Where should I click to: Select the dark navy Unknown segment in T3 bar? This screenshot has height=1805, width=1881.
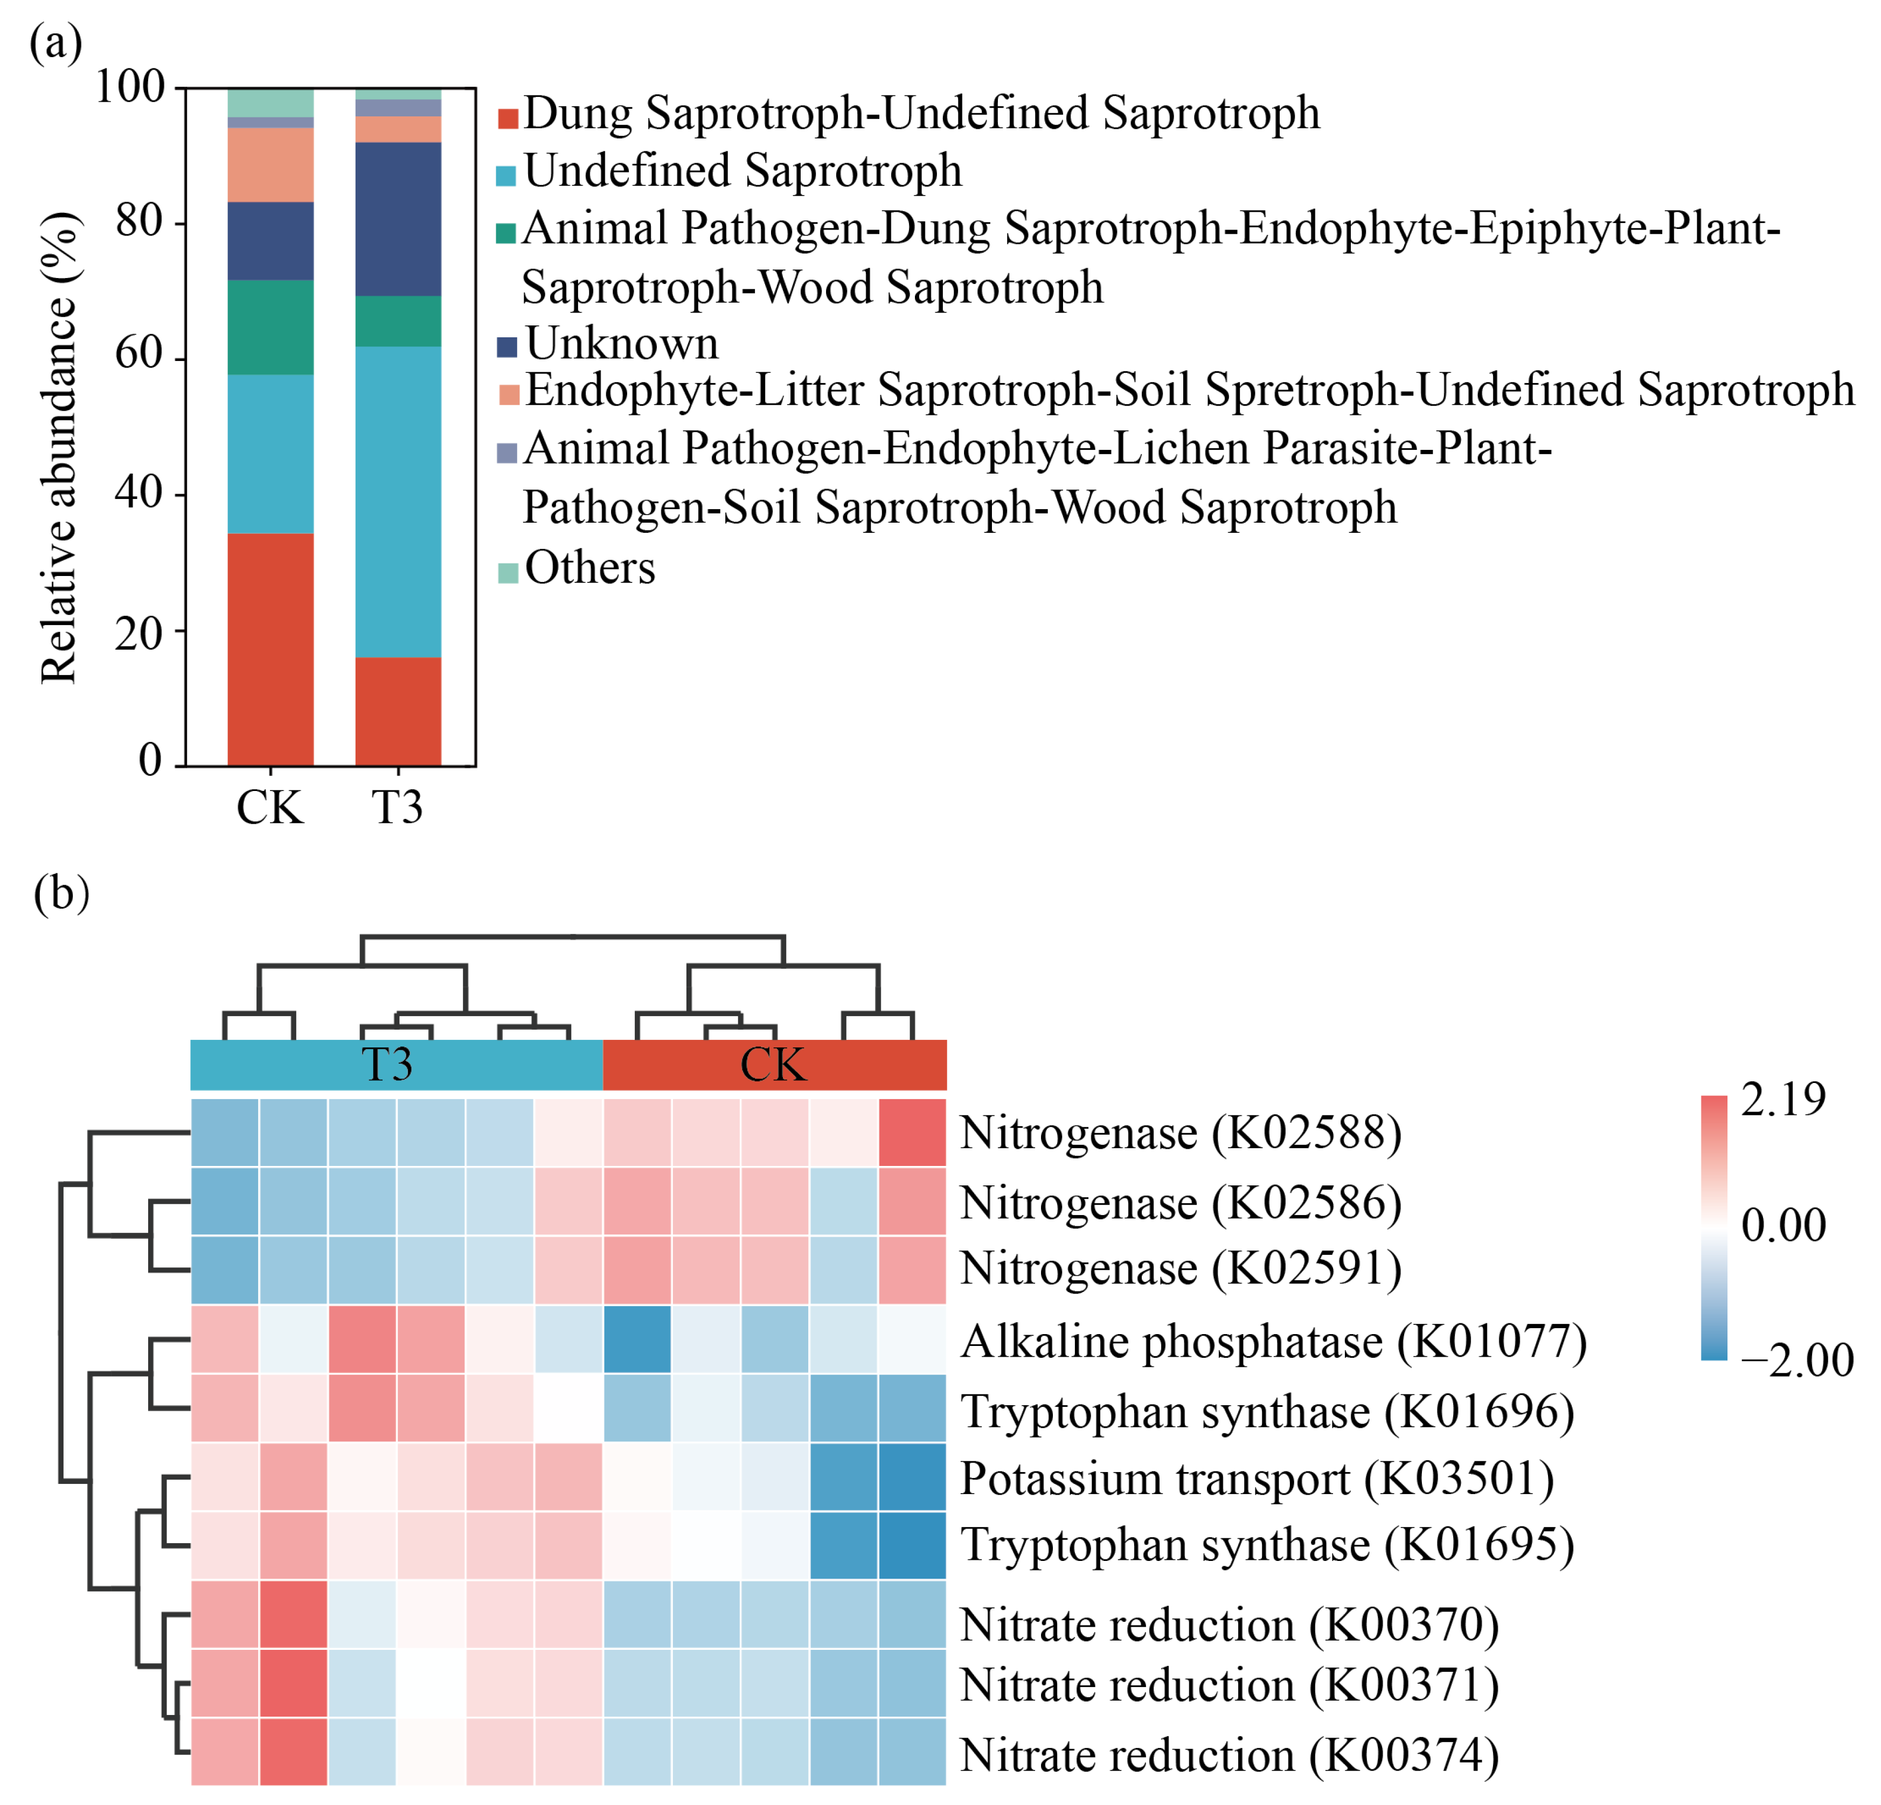pyautogui.click(x=398, y=219)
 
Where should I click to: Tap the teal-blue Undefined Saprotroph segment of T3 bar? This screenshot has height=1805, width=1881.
pyautogui.click(x=398, y=501)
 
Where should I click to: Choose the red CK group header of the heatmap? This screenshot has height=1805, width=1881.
pyautogui.click(x=774, y=1064)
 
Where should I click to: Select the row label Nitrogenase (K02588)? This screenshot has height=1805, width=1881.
pyautogui.click(x=1181, y=1133)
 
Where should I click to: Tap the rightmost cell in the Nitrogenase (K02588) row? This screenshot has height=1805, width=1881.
pyautogui.click(x=912, y=1133)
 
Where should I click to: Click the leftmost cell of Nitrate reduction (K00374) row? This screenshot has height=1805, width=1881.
pyautogui.click(x=225, y=1751)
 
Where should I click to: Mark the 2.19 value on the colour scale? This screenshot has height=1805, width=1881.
pyautogui.click(x=1783, y=1100)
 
